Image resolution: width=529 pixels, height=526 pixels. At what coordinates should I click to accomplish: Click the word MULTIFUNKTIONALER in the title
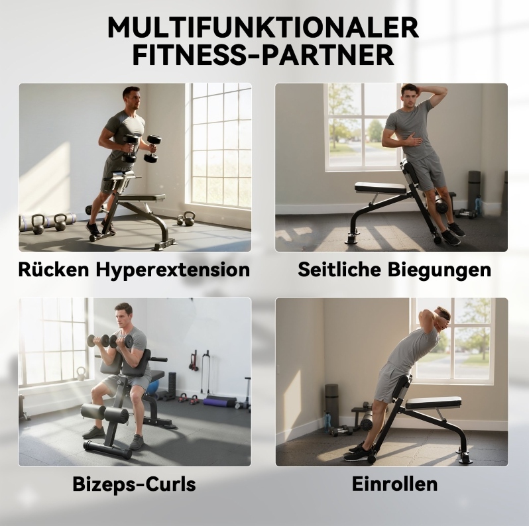263,27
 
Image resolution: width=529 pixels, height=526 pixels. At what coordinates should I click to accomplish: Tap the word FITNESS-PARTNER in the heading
263,55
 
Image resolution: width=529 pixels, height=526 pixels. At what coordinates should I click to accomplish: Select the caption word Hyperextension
173,270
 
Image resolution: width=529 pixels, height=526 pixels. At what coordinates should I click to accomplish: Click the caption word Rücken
54,269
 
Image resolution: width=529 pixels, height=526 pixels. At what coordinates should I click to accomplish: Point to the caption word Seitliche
339,269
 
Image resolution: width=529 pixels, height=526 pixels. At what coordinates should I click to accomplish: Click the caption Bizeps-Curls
135,484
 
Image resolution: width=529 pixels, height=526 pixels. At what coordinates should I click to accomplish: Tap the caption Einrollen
394,484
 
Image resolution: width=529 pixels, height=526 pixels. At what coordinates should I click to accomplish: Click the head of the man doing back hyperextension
131,98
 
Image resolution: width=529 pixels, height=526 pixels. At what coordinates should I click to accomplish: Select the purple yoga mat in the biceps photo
220,401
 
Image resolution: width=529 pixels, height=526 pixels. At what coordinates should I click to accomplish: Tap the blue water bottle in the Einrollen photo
327,421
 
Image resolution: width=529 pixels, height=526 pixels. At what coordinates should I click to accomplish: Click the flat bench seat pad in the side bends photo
381,188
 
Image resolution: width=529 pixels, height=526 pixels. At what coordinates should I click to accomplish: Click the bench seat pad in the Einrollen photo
433,403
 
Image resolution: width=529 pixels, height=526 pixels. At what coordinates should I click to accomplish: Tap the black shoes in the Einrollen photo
358,452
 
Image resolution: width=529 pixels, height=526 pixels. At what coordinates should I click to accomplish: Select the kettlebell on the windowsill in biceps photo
81,374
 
